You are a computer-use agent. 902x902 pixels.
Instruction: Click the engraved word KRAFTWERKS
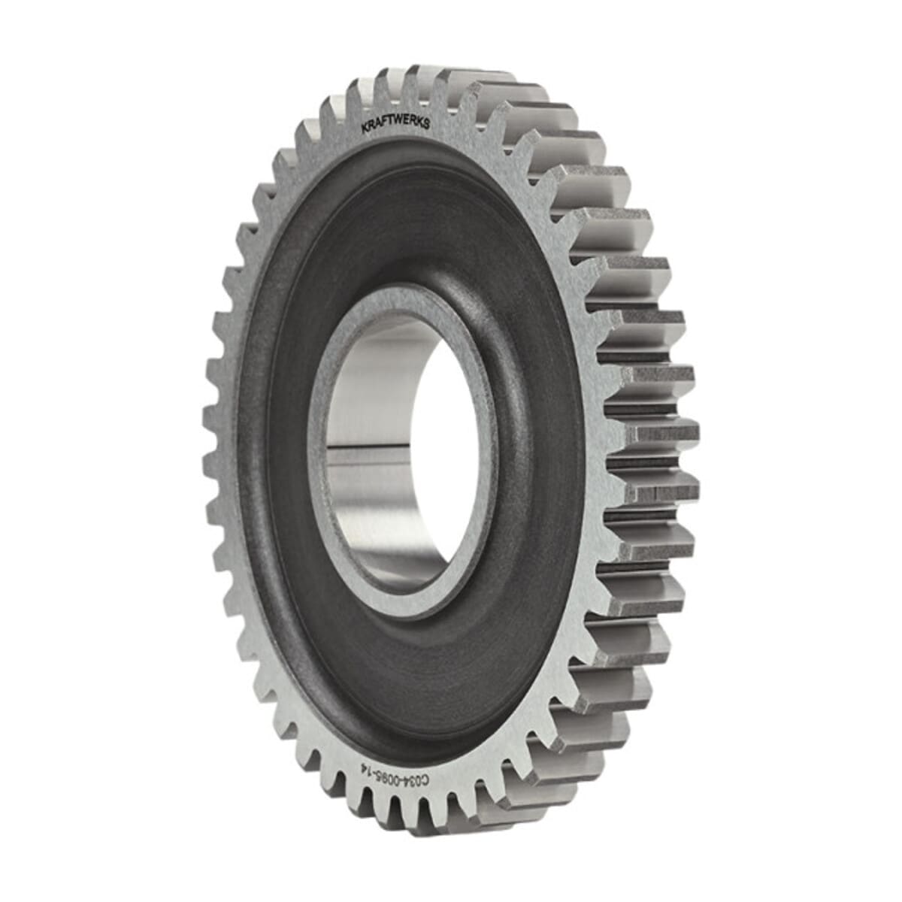pos(396,121)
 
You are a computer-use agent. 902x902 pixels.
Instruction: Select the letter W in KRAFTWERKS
pos(398,120)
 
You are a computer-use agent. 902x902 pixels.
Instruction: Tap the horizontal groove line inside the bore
pos(376,453)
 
